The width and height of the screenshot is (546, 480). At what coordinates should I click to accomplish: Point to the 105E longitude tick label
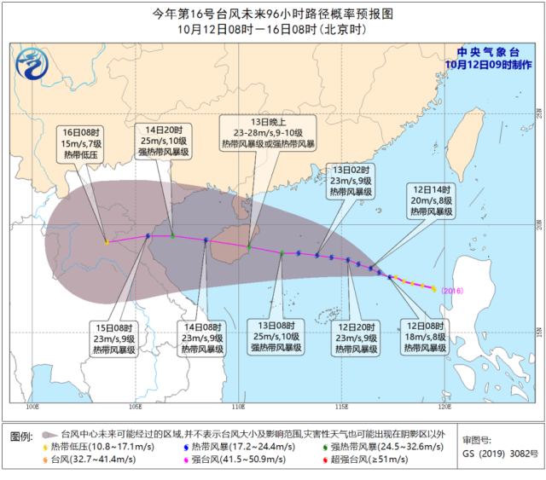click(x=136, y=405)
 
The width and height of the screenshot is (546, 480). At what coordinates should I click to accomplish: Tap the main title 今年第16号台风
click(x=272, y=14)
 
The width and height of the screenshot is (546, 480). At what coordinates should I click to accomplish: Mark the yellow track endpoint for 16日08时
click(x=107, y=242)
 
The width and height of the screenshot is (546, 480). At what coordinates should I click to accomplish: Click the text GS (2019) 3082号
click(x=494, y=454)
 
